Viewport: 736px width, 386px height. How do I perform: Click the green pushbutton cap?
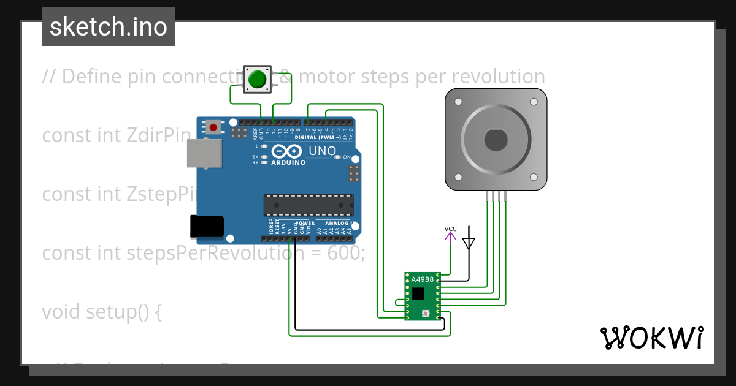tap(257, 79)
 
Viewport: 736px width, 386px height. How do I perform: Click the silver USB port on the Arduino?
tap(204, 153)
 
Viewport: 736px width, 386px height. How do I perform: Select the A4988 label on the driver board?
tap(423, 279)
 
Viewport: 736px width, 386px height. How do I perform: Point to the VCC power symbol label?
tap(451, 229)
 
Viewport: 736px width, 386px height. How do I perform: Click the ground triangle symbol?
tap(469, 243)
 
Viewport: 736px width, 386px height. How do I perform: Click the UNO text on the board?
tap(322, 151)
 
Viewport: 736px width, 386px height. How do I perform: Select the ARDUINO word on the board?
tap(288, 162)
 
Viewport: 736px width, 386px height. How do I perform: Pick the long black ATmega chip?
tap(309, 205)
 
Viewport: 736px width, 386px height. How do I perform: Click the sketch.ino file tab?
tap(109, 27)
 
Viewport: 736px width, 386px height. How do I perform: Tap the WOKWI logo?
tap(651, 338)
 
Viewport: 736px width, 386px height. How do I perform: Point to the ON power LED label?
tap(347, 157)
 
